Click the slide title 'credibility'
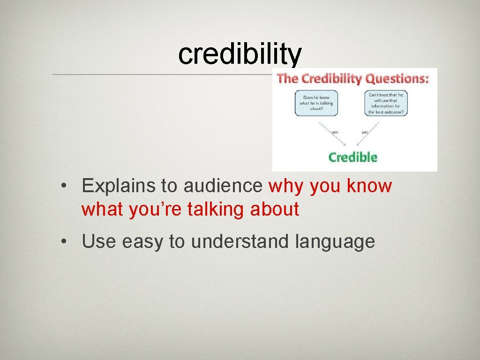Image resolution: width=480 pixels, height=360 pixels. click(240, 55)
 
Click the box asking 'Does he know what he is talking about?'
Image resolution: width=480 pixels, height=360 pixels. click(316, 103)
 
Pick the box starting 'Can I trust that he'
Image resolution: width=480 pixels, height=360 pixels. click(387, 103)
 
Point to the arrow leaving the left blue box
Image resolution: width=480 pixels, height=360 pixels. click(332, 133)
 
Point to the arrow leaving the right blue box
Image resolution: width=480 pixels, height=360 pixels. click(368, 133)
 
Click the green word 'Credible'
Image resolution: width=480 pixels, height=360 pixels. click(352, 157)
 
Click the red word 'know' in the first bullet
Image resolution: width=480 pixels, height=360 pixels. click(369, 186)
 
